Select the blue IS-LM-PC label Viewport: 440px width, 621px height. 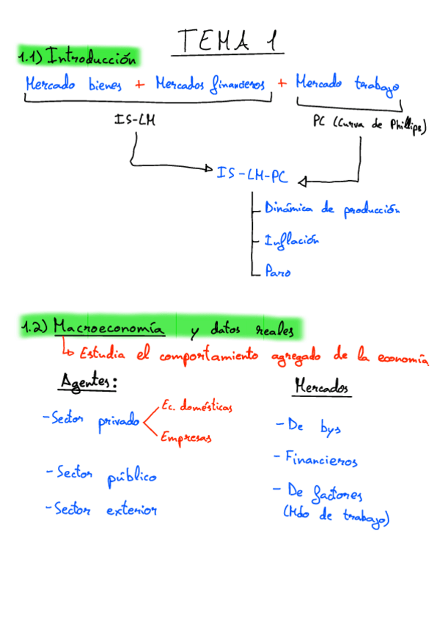[252, 175]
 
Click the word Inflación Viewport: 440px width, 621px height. [291, 239]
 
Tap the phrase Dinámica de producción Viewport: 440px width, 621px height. [331, 209]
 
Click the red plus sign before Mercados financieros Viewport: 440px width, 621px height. [140, 84]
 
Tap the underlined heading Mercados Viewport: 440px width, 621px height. [321, 386]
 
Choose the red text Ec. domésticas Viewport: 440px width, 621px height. [196, 406]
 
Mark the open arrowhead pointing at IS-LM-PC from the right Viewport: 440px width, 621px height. [303, 180]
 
